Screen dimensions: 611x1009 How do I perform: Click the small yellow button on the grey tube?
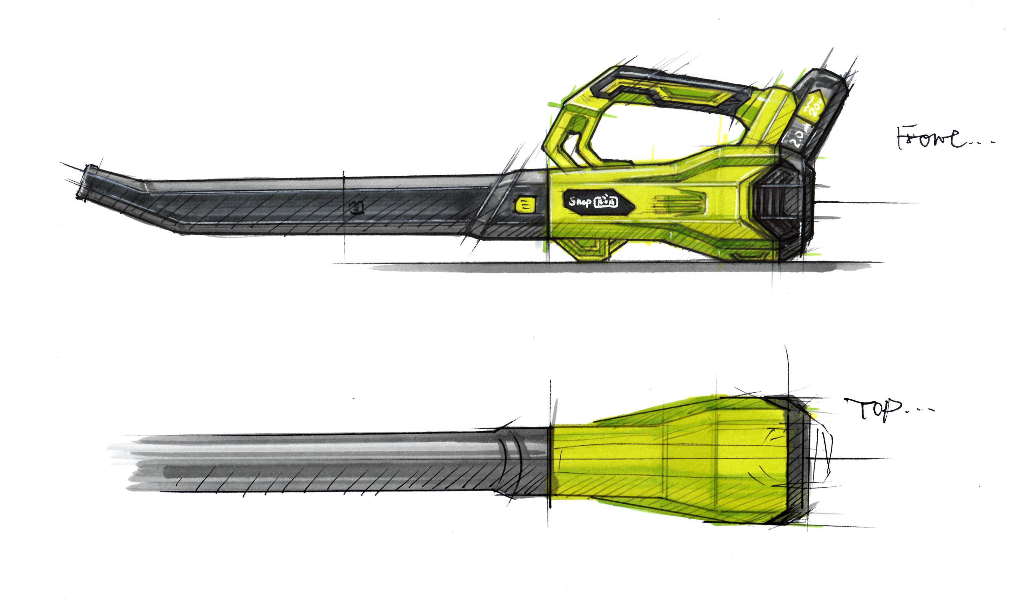click(525, 205)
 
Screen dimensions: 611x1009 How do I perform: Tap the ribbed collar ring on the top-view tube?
click(512, 461)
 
